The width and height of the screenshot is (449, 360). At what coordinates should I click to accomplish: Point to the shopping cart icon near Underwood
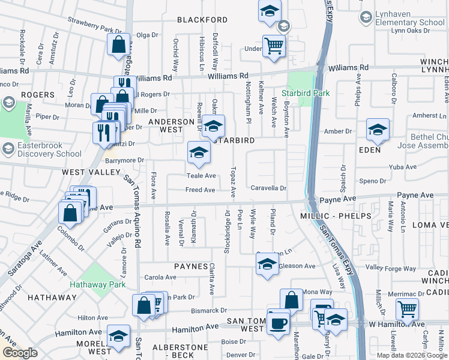274,46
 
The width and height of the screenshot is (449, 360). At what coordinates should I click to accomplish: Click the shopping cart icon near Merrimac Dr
408,310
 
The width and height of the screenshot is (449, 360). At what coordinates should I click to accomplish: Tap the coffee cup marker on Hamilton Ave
277,323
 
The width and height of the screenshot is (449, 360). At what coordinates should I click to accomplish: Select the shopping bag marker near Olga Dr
119,44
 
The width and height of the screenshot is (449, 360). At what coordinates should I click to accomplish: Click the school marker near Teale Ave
199,152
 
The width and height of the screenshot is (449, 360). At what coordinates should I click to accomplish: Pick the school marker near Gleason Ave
267,264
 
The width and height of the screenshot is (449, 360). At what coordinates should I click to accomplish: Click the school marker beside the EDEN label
378,130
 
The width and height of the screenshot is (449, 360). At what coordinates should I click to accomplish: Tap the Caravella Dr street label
268,188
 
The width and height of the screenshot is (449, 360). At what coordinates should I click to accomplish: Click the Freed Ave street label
200,190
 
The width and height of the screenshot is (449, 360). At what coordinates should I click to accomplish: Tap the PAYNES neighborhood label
190,266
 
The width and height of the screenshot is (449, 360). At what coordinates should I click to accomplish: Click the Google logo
20,353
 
